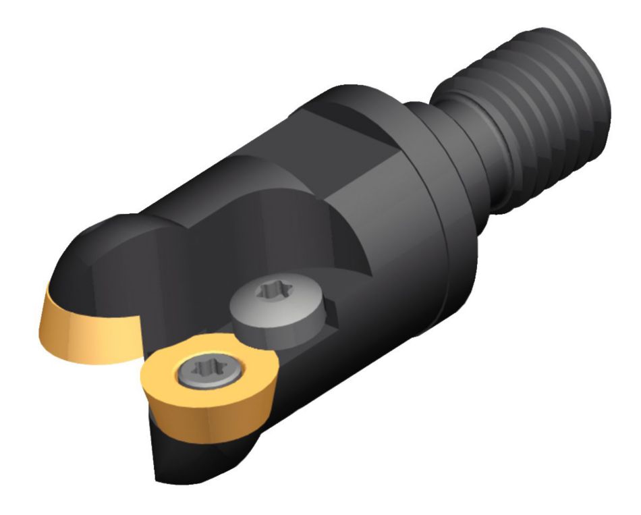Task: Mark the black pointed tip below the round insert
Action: click(169, 459)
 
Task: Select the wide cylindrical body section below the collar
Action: click(378, 283)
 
